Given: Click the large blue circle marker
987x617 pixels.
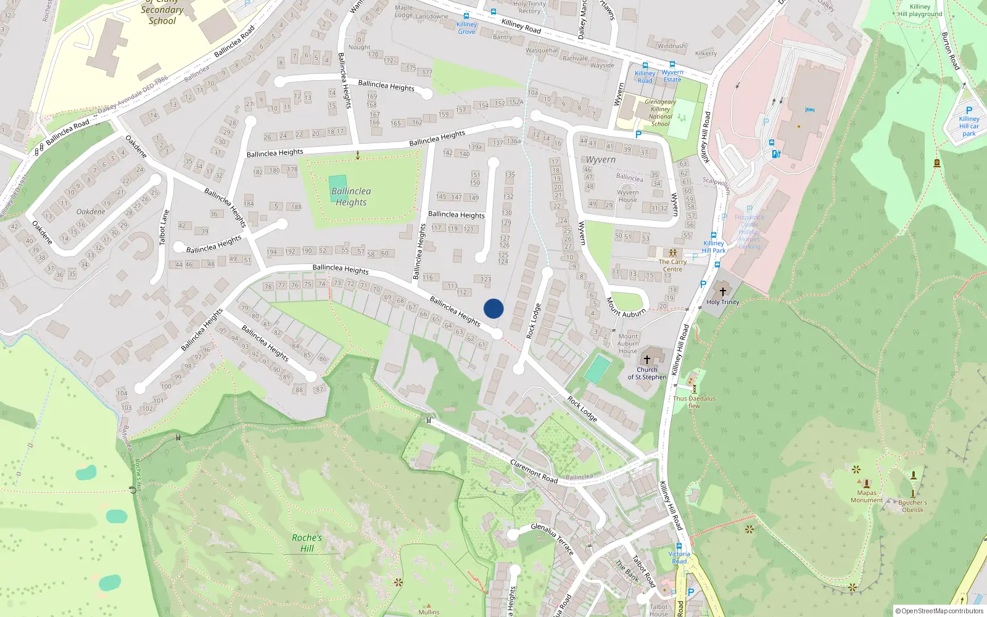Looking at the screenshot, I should [493, 308].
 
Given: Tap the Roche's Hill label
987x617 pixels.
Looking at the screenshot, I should [307, 543].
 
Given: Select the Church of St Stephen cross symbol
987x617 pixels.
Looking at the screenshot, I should [647, 359].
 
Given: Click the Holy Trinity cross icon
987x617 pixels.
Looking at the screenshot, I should [723, 291].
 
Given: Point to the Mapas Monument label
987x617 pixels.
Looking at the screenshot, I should [867, 496].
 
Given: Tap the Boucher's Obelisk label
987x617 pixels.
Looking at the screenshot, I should [912, 506].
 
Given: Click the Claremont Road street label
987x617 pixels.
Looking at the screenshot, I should [534, 472].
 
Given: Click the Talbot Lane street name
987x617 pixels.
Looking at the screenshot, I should [164, 227].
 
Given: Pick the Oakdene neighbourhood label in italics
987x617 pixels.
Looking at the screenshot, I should [91, 212].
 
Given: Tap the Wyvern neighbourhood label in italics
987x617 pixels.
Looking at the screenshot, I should [600, 160].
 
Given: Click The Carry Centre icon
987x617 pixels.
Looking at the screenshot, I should [672, 253].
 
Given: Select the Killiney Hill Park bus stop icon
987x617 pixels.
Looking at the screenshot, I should [713, 235].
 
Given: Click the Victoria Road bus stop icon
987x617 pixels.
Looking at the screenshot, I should [679, 546].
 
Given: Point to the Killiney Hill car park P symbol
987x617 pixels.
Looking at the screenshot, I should [968, 110].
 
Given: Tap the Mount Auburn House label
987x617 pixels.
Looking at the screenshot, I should [628, 344].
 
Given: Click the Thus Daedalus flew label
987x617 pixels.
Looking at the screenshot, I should [694, 402].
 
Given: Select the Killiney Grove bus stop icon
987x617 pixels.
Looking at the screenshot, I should [466, 16].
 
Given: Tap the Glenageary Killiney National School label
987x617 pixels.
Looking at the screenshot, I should [660, 113].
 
